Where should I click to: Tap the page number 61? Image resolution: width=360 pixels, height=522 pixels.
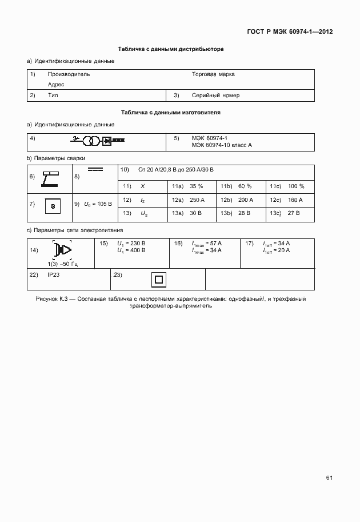329,478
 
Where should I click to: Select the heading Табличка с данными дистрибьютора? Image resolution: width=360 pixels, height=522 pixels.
171,50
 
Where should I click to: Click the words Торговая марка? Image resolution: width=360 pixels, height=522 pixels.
213,74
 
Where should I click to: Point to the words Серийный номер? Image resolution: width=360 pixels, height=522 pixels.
215,95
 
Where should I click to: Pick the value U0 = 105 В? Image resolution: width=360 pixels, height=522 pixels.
98,204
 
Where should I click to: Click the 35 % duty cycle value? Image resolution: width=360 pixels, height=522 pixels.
197,186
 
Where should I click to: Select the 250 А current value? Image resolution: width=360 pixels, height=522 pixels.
197,200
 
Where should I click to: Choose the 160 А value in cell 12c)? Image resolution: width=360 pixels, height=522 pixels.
295,200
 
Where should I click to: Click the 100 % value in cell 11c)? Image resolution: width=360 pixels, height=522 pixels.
296,186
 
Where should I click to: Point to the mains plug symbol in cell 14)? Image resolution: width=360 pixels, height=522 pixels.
62,250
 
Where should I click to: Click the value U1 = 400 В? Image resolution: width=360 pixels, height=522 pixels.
131,250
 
